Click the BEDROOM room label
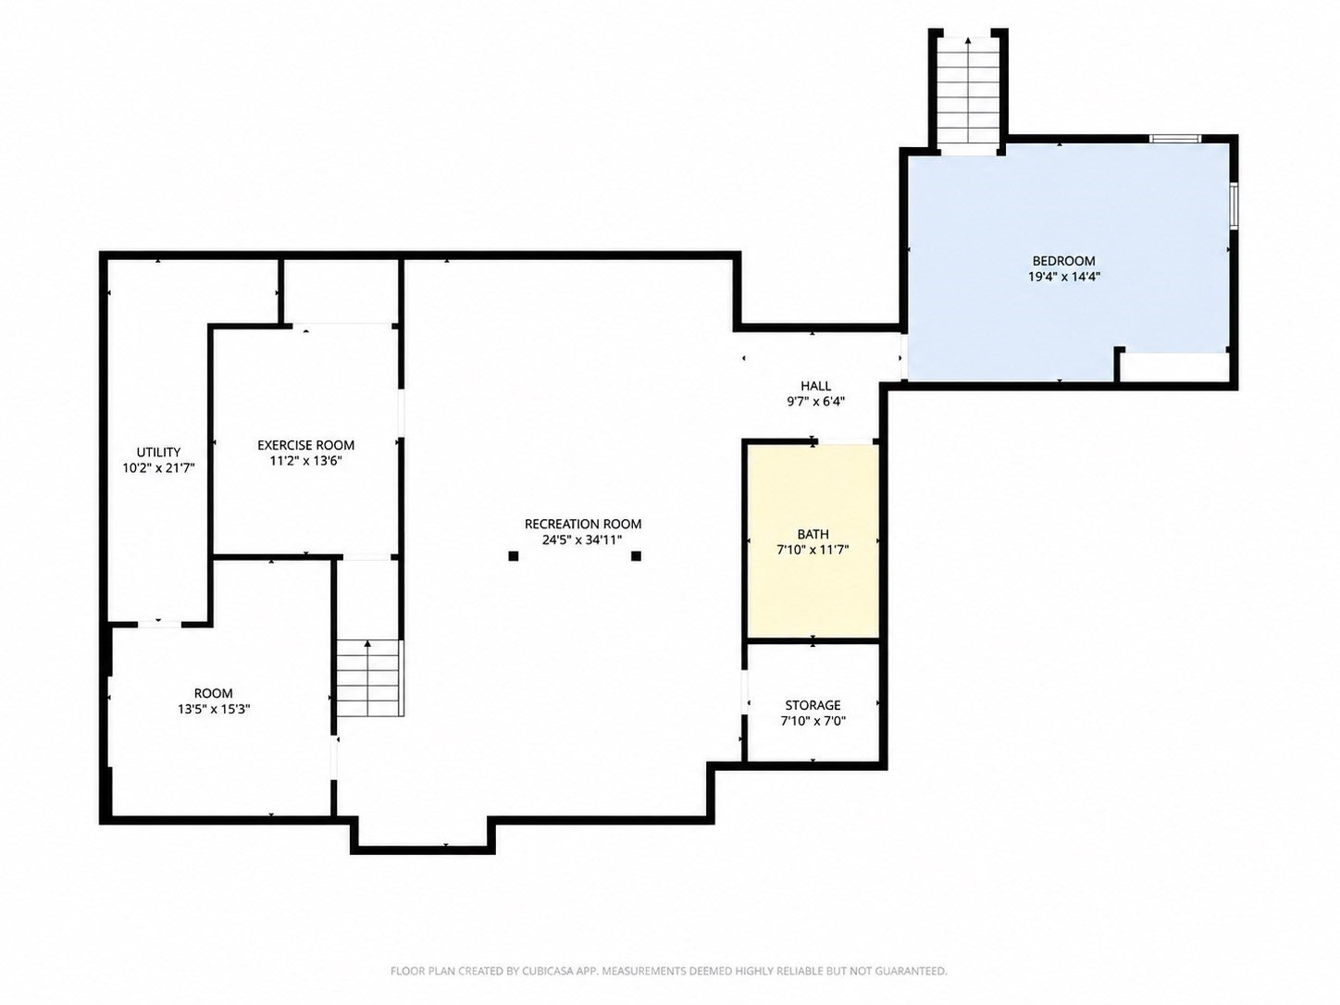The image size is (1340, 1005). (x=1063, y=261)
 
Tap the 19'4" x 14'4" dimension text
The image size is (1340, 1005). (x=1064, y=277)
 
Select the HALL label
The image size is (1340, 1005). (x=815, y=386)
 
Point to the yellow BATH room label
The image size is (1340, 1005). (x=813, y=535)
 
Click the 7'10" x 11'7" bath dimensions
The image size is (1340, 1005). (x=813, y=551)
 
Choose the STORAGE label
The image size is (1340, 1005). (x=813, y=705)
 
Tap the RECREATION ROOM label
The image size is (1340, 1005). (x=583, y=524)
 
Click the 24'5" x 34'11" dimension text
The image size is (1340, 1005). (x=582, y=540)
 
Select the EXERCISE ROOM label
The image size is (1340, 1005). (x=306, y=445)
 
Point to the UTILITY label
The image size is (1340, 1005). (x=158, y=453)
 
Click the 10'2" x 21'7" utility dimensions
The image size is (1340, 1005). (x=158, y=468)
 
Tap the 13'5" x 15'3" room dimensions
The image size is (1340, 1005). (x=215, y=709)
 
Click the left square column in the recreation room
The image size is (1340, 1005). (x=514, y=556)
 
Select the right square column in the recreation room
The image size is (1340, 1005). (x=636, y=556)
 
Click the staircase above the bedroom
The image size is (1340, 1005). (x=968, y=91)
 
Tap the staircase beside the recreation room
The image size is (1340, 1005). (x=368, y=678)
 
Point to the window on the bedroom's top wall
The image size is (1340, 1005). (x=1175, y=139)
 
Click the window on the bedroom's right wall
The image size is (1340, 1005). (x=1234, y=205)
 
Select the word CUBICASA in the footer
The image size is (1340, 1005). (x=530, y=971)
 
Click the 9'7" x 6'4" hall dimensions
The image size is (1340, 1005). (x=815, y=402)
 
